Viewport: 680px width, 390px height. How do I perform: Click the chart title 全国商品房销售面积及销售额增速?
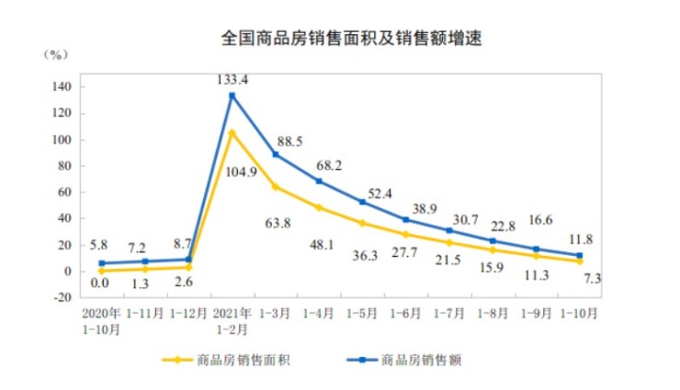click(x=352, y=39)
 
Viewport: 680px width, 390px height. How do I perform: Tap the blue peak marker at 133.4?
click(x=232, y=95)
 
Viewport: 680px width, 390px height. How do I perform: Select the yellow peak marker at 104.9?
click(x=232, y=133)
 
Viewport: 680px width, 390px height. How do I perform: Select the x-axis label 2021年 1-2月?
click(x=232, y=318)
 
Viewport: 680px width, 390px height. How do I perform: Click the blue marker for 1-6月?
click(x=405, y=219)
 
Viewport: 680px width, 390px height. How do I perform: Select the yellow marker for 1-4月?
click(x=319, y=207)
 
